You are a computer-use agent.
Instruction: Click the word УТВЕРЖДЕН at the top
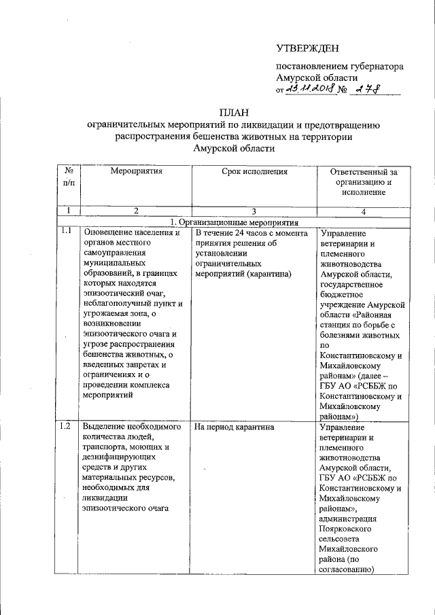click(307, 48)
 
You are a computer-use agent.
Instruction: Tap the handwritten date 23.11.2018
click(311, 89)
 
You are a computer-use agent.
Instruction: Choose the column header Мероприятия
click(136, 171)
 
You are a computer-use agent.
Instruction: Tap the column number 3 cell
click(253, 212)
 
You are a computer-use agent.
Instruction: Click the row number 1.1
click(66, 232)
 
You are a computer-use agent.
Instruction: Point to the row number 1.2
click(66, 427)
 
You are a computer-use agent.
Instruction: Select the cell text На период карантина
click(234, 427)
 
